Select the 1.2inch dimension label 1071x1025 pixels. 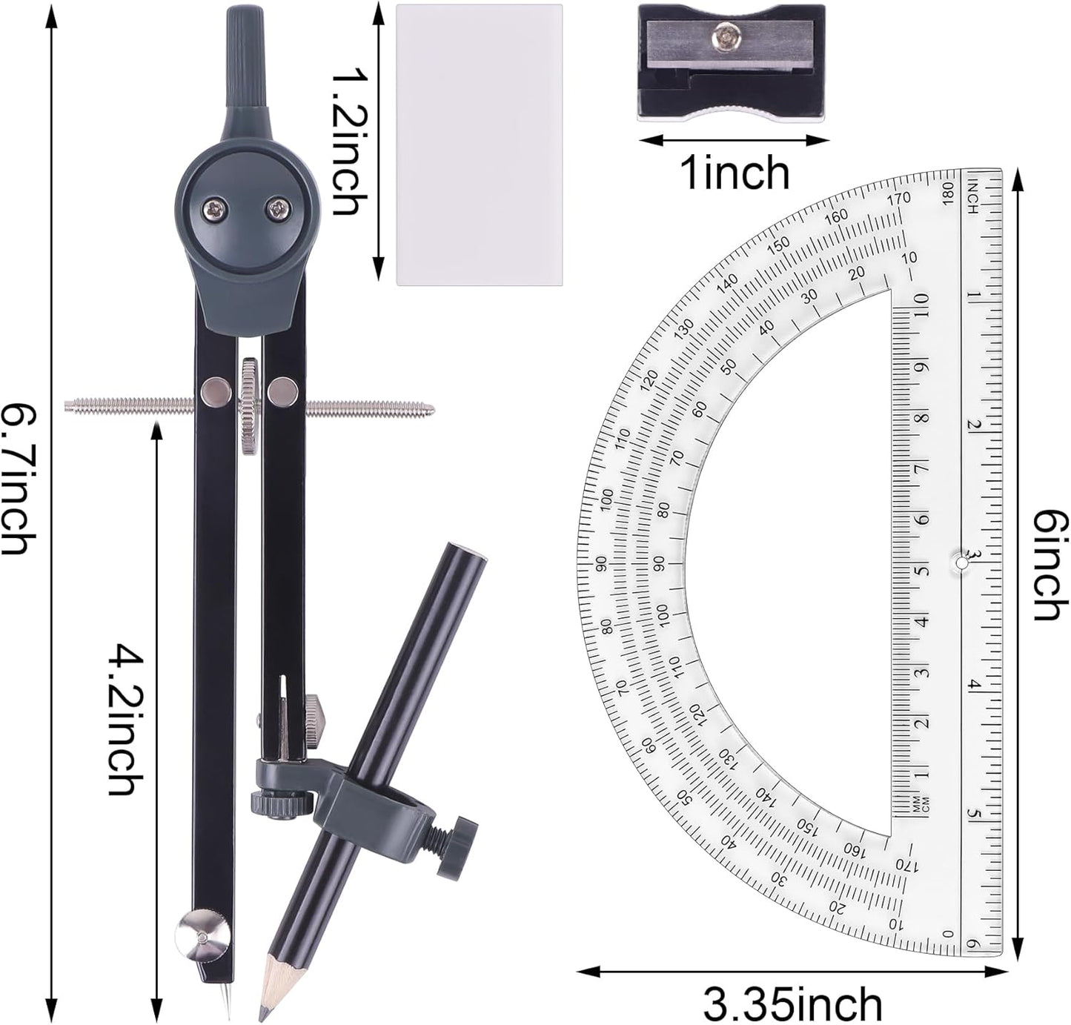click(345, 142)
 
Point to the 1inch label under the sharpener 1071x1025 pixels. click(734, 173)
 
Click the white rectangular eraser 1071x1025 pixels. click(479, 145)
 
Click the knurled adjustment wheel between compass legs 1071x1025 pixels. click(249, 406)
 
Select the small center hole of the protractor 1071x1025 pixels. click(961, 563)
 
